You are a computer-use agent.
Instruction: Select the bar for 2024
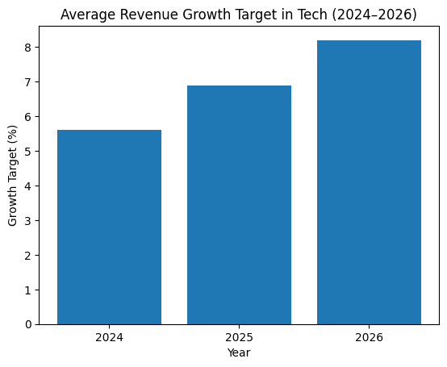109,227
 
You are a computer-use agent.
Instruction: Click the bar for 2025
239,205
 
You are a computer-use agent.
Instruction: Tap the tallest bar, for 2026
369,182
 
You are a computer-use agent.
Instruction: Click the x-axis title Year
239,353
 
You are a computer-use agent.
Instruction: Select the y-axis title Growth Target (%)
12,175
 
